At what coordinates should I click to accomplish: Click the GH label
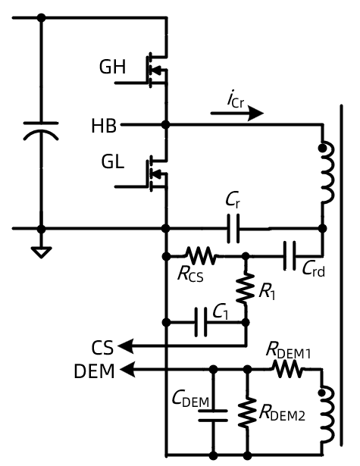(x=112, y=67)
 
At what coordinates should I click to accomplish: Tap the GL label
(x=112, y=162)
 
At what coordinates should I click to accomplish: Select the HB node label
(x=104, y=126)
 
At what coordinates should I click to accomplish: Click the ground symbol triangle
(x=41, y=252)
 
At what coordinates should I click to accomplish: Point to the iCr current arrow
(x=237, y=113)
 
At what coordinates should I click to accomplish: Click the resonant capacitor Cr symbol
(x=233, y=229)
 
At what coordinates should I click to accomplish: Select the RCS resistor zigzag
(x=201, y=255)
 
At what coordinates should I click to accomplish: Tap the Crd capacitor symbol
(x=290, y=255)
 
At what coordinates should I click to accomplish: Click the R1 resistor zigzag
(x=246, y=288)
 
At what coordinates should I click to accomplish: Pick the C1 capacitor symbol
(x=201, y=323)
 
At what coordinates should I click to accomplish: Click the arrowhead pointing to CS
(x=126, y=346)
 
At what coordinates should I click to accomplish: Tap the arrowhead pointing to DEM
(x=128, y=370)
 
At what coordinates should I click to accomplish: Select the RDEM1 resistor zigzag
(x=288, y=369)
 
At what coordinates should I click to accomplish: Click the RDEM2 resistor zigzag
(x=247, y=412)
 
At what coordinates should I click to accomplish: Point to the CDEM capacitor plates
(x=213, y=416)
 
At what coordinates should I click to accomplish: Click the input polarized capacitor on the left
(x=41, y=131)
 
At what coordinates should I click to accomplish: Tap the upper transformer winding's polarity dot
(x=321, y=148)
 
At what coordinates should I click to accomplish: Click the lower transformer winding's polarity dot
(x=321, y=393)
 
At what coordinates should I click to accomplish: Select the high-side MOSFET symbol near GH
(x=156, y=70)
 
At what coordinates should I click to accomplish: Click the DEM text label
(x=94, y=371)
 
